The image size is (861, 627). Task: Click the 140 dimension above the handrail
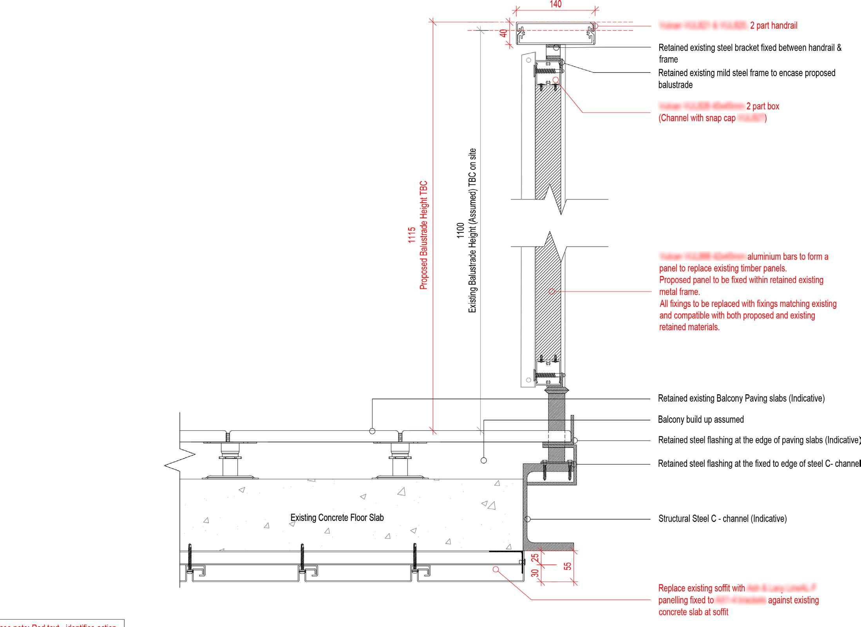pyautogui.click(x=555, y=4)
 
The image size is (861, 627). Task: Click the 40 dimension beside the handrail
pyautogui.click(x=504, y=33)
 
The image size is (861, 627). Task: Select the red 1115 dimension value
pyautogui.click(x=411, y=235)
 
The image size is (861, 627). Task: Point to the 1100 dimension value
pyautogui.click(x=461, y=230)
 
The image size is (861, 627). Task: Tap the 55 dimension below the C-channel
pyautogui.click(x=568, y=566)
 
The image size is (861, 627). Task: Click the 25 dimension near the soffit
pyautogui.click(x=535, y=557)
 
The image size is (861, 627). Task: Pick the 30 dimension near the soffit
pyautogui.click(x=535, y=573)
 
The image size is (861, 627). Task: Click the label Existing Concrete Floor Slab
pyautogui.click(x=337, y=518)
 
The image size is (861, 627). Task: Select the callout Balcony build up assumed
pyautogui.click(x=701, y=420)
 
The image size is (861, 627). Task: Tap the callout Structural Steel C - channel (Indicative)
pyautogui.click(x=722, y=519)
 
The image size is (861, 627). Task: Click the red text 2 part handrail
pyautogui.click(x=774, y=26)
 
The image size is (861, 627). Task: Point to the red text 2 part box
pyautogui.click(x=763, y=106)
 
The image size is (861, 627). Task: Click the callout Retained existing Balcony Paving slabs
pyautogui.click(x=741, y=399)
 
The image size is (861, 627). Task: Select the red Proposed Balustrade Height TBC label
pyautogui.click(x=423, y=235)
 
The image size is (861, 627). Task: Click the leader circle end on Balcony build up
pyautogui.click(x=484, y=460)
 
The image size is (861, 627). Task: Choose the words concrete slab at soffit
pyautogui.click(x=693, y=612)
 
